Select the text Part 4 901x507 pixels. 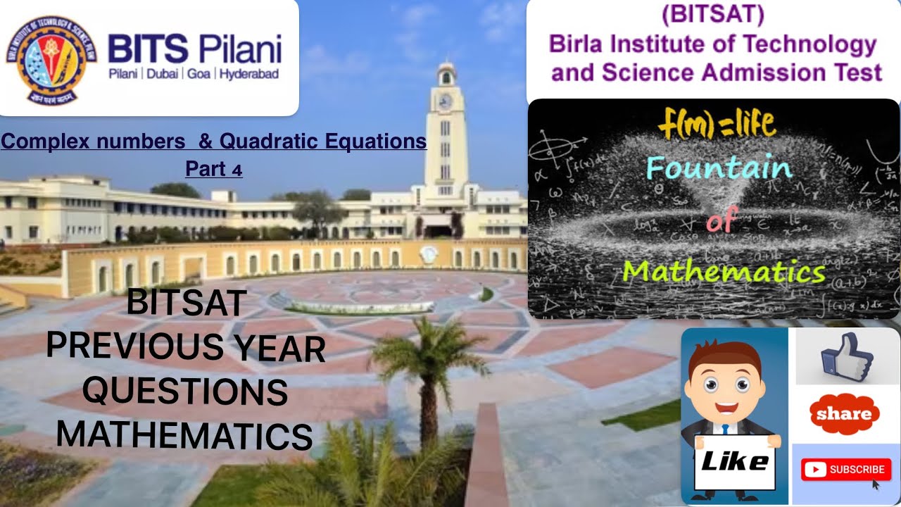(214, 169)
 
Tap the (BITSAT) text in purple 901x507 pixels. (712, 15)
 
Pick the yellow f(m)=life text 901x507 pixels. (717, 125)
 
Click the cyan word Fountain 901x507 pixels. (718, 168)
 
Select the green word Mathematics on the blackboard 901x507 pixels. (724, 270)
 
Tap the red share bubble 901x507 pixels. (844, 413)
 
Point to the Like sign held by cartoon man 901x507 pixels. (734, 462)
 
